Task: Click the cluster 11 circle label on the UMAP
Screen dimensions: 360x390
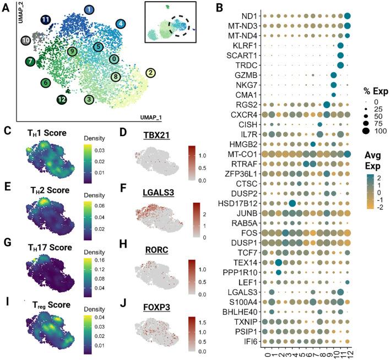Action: click(47, 21)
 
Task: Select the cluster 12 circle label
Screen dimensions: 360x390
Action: click(62, 100)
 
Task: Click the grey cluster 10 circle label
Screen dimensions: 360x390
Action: click(25, 40)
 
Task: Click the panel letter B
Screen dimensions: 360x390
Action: click(219, 8)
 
